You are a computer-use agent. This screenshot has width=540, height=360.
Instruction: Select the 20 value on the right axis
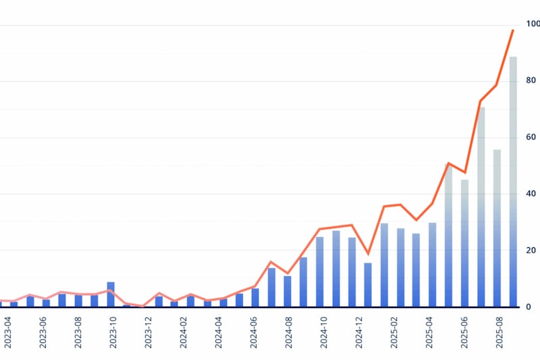(533, 250)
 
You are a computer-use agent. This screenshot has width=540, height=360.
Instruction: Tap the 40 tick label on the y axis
(533, 194)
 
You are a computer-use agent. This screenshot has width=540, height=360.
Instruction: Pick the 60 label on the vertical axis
(533, 137)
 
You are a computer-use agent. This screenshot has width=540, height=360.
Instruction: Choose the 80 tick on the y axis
(533, 81)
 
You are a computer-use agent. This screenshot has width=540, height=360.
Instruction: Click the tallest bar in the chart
(513, 182)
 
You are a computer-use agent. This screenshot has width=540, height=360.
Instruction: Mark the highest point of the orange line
(513, 30)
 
